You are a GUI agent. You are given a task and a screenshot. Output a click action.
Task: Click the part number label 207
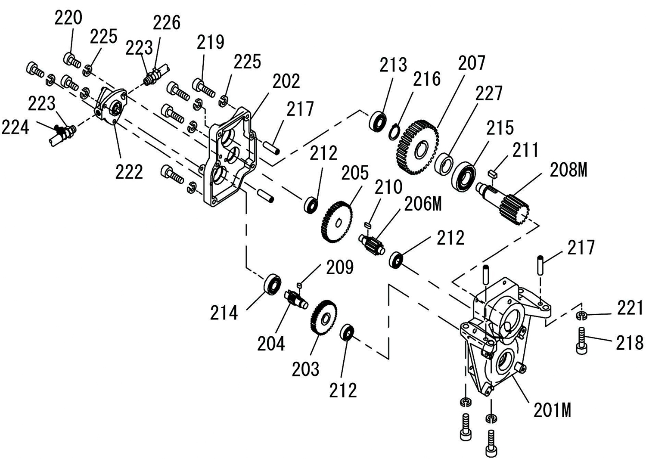pos(472,63)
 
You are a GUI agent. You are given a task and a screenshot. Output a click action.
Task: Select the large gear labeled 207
pos(417,148)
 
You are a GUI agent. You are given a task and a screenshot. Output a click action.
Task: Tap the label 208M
pos(568,170)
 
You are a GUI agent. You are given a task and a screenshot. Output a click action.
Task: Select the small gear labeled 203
pos(323,317)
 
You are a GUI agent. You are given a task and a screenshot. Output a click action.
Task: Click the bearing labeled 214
pos(272,284)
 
